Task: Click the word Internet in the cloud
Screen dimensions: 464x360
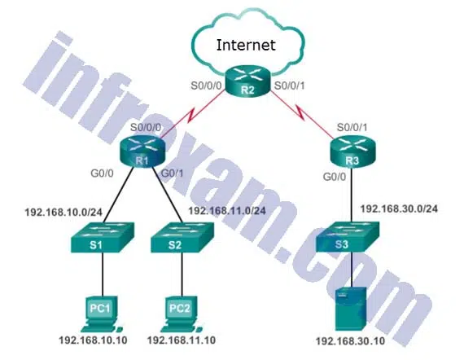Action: tap(246, 45)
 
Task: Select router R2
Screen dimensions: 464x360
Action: tap(247, 81)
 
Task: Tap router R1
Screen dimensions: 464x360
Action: tap(142, 151)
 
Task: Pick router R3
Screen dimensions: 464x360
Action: tap(352, 151)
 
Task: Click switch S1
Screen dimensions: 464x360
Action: tap(102, 238)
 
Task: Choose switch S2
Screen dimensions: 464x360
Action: tap(182, 238)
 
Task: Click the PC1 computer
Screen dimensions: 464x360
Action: tap(101, 314)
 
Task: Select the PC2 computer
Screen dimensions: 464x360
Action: tap(181, 314)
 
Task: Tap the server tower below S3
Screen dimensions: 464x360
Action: tap(351, 309)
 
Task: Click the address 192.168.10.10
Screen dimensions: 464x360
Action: tap(94, 340)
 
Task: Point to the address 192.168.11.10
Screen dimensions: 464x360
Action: tap(182, 340)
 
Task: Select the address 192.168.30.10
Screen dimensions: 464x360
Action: tap(351, 341)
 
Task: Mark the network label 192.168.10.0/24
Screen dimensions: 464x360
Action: tap(63, 213)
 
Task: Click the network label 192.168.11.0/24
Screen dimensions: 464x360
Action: tap(227, 211)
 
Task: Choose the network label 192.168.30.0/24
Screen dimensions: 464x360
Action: tap(399, 209)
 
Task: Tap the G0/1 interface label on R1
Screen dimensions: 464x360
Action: tap(172, 173)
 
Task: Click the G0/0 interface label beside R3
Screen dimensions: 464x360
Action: tap(335, 177)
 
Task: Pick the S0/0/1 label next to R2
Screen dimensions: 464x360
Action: tap(290, 86)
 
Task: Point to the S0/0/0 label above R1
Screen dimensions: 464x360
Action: tap(146, 128)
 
